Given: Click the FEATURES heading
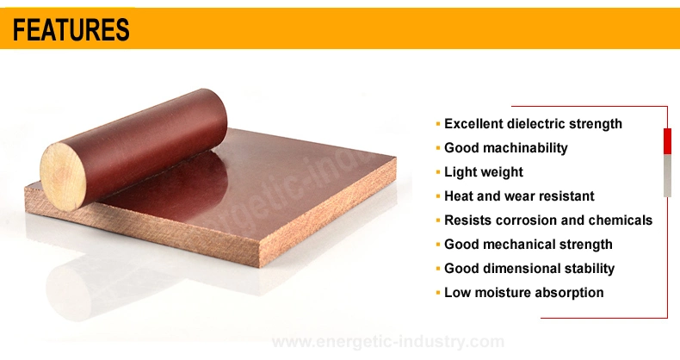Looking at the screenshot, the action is point(71,29).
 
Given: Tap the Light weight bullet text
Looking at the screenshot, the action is point(484,172).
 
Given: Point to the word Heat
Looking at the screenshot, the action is point(459,196).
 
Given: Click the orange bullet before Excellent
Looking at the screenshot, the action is point(438,125).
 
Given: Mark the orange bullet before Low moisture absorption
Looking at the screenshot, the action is point(438,293).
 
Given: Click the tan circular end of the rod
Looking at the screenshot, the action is point(63,177).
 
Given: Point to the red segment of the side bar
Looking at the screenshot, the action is point(667,141).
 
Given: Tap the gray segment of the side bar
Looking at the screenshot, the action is point(667,176).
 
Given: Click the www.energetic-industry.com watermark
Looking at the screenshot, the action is point(388,342).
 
